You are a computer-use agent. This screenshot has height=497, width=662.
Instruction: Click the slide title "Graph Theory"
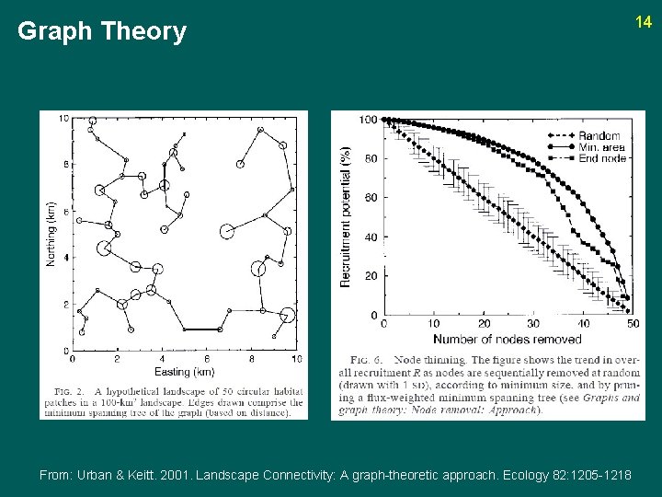point(102,32)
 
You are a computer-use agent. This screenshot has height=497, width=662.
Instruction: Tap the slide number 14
point(644,21)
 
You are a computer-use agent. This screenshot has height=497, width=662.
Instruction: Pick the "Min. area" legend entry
point(602,147)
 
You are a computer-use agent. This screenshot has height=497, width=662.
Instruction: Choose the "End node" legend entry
point(602,158)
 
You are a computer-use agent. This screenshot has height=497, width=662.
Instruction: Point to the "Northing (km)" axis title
point(51,234)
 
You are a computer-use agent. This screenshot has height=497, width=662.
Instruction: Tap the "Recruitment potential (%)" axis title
point(347,216)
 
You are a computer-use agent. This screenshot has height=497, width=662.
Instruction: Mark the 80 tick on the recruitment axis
point(369,158)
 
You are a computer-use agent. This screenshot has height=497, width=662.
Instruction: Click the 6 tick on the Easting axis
point(207,359)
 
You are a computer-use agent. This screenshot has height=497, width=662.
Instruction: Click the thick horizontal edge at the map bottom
point(201,329)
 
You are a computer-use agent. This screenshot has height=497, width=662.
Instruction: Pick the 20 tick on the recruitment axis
point(369,276)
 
